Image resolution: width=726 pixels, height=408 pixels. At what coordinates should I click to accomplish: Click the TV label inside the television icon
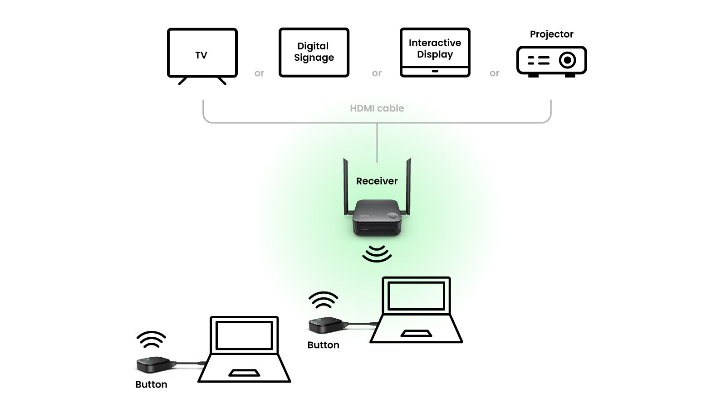(x=201, y=55)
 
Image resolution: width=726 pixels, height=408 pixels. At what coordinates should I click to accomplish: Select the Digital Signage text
(x=314, y=52)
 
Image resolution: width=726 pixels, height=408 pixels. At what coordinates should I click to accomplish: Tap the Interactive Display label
(x=435, y=49)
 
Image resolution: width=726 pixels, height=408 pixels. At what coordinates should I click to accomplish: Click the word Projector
(x=551, y=34)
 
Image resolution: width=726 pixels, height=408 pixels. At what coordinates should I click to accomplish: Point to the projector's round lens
(x=567, y=60)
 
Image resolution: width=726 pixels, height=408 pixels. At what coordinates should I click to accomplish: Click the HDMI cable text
(x=377, y=108)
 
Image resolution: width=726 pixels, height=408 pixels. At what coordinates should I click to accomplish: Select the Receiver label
(x=377, y=181)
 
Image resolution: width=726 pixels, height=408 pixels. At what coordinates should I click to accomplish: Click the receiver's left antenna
(x=346, y=186)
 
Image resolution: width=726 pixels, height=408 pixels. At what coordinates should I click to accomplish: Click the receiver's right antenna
(x=408, y=186)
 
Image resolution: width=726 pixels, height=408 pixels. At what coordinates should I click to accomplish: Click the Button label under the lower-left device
(x=151, y=384)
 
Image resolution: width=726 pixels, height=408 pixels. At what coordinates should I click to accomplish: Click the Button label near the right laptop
(x=323, y=345)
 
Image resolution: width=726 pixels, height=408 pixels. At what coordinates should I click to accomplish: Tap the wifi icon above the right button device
(x=323, y=300)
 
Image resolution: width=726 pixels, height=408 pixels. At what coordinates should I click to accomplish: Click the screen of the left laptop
(x=244, y=335)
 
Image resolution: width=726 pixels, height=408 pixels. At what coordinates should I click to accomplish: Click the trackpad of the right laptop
(x=416, y=334)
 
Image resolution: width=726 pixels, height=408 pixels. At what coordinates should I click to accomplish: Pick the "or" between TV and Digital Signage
(x=259, y=73)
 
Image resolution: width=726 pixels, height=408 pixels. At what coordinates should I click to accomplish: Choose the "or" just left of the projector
(x=494, y=73)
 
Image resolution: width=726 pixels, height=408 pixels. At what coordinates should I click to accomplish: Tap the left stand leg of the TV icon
(x=183, y=81)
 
